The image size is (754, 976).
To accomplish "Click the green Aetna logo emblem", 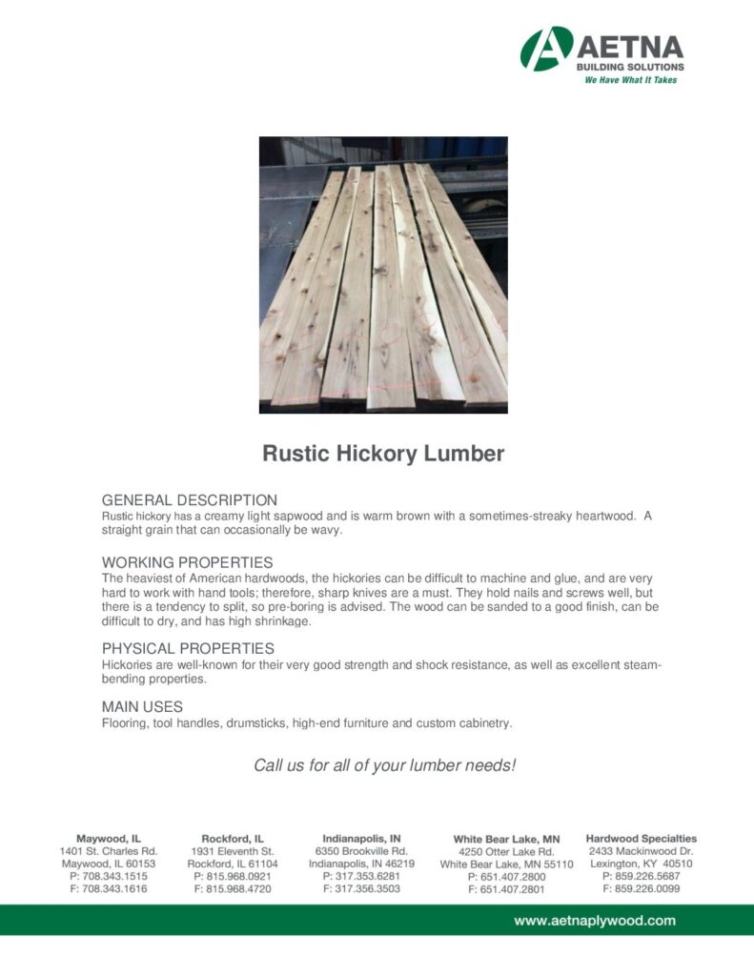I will (x=546, y=49).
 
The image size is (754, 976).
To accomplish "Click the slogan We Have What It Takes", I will (x=630, y=80).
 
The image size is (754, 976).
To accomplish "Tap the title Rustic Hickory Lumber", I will (x=382, y=454).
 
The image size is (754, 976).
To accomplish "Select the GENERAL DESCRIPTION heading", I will (x=190, y=499).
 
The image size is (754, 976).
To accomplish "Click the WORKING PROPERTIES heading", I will (x=187, y=562).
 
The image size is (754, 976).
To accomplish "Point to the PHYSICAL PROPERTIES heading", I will (x=188, y=648).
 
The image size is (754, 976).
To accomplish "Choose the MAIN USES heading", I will (x=142, y=707).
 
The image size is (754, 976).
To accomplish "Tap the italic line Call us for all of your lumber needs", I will (x=384, y=765).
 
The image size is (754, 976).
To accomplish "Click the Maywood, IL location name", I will (x=109, y=838).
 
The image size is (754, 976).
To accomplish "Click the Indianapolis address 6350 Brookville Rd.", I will (x=361, y=850).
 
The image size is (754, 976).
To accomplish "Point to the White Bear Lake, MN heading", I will (x=506, y=839).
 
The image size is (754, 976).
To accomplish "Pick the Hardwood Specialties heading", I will (x=641, y=838).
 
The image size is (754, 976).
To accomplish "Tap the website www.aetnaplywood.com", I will (x=595, y=920).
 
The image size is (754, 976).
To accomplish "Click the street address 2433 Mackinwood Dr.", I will (x=641, y=850).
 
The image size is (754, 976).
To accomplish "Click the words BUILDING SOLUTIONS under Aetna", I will (x=630, y=67).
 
